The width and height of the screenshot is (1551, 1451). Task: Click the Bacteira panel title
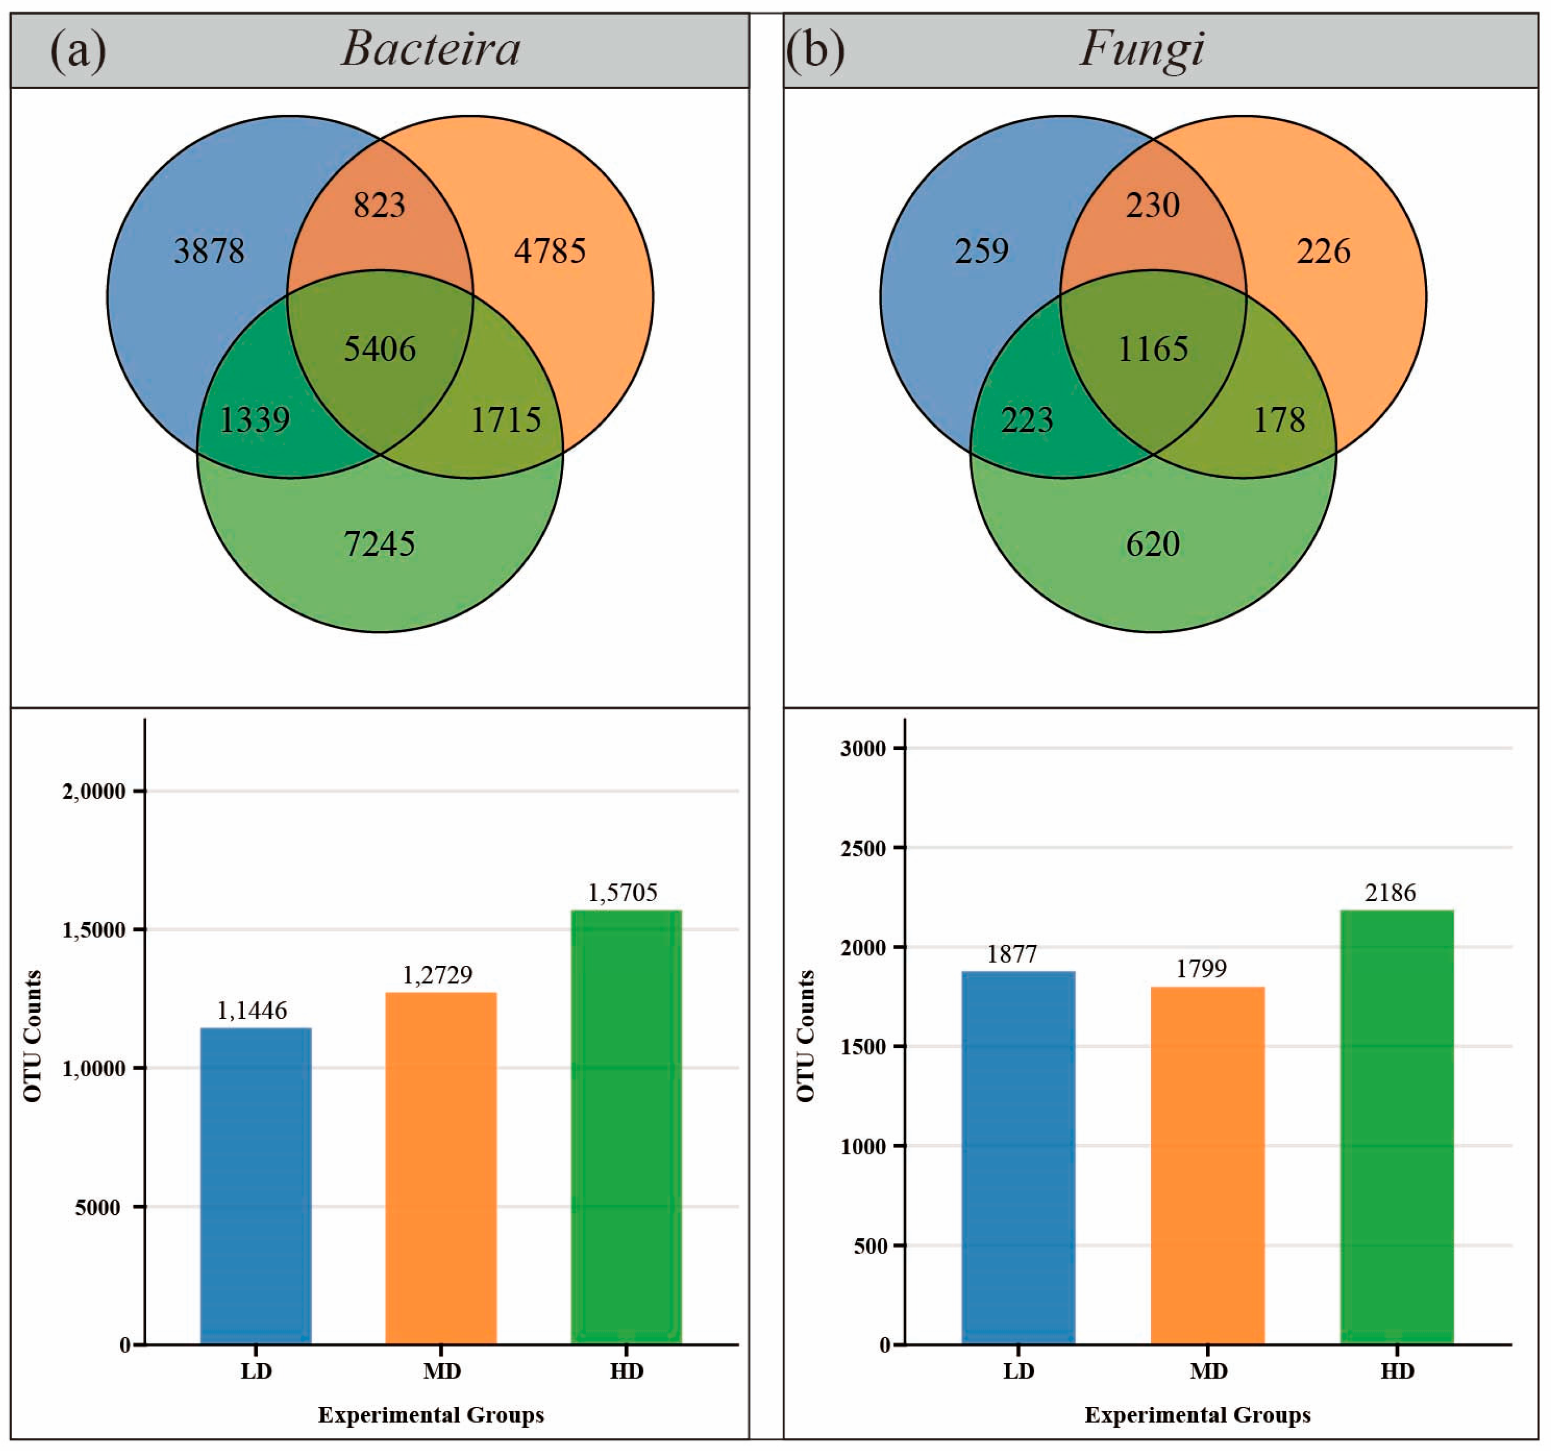pos(431,48)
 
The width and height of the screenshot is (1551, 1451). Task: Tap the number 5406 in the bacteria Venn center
pos(380,349)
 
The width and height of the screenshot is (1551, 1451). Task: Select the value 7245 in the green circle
pos(380,544)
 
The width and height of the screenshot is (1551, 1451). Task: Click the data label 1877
pos(1012,954)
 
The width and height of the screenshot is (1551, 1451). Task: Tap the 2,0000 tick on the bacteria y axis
pos(94,792)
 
